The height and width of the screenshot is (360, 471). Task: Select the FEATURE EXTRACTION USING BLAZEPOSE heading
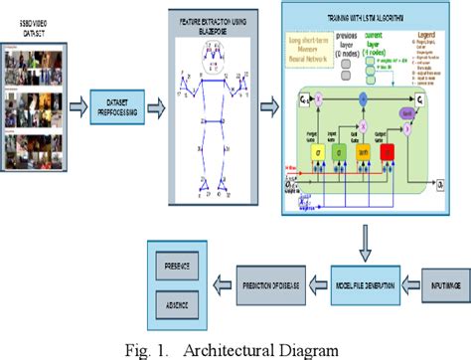[x=222, y=25]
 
